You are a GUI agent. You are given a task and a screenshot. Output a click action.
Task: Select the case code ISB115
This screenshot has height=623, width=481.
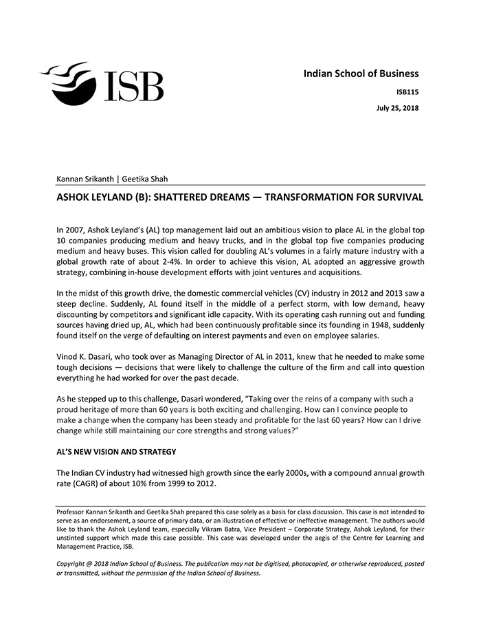click(407, 91)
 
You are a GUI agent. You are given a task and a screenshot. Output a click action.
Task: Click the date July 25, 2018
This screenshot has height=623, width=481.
click(397, 108)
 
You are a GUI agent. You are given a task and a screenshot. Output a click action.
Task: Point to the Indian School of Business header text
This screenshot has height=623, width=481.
click(361, 74)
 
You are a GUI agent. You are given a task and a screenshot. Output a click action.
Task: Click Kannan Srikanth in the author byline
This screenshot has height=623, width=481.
click(85, 179)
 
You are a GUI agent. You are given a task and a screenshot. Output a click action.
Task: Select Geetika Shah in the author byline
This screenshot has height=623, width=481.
click(145, 179)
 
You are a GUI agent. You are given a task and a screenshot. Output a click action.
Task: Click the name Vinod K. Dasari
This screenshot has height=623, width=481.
click(87, 357)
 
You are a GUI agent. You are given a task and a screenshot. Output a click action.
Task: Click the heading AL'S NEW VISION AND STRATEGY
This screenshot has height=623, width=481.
click(116, 451)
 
